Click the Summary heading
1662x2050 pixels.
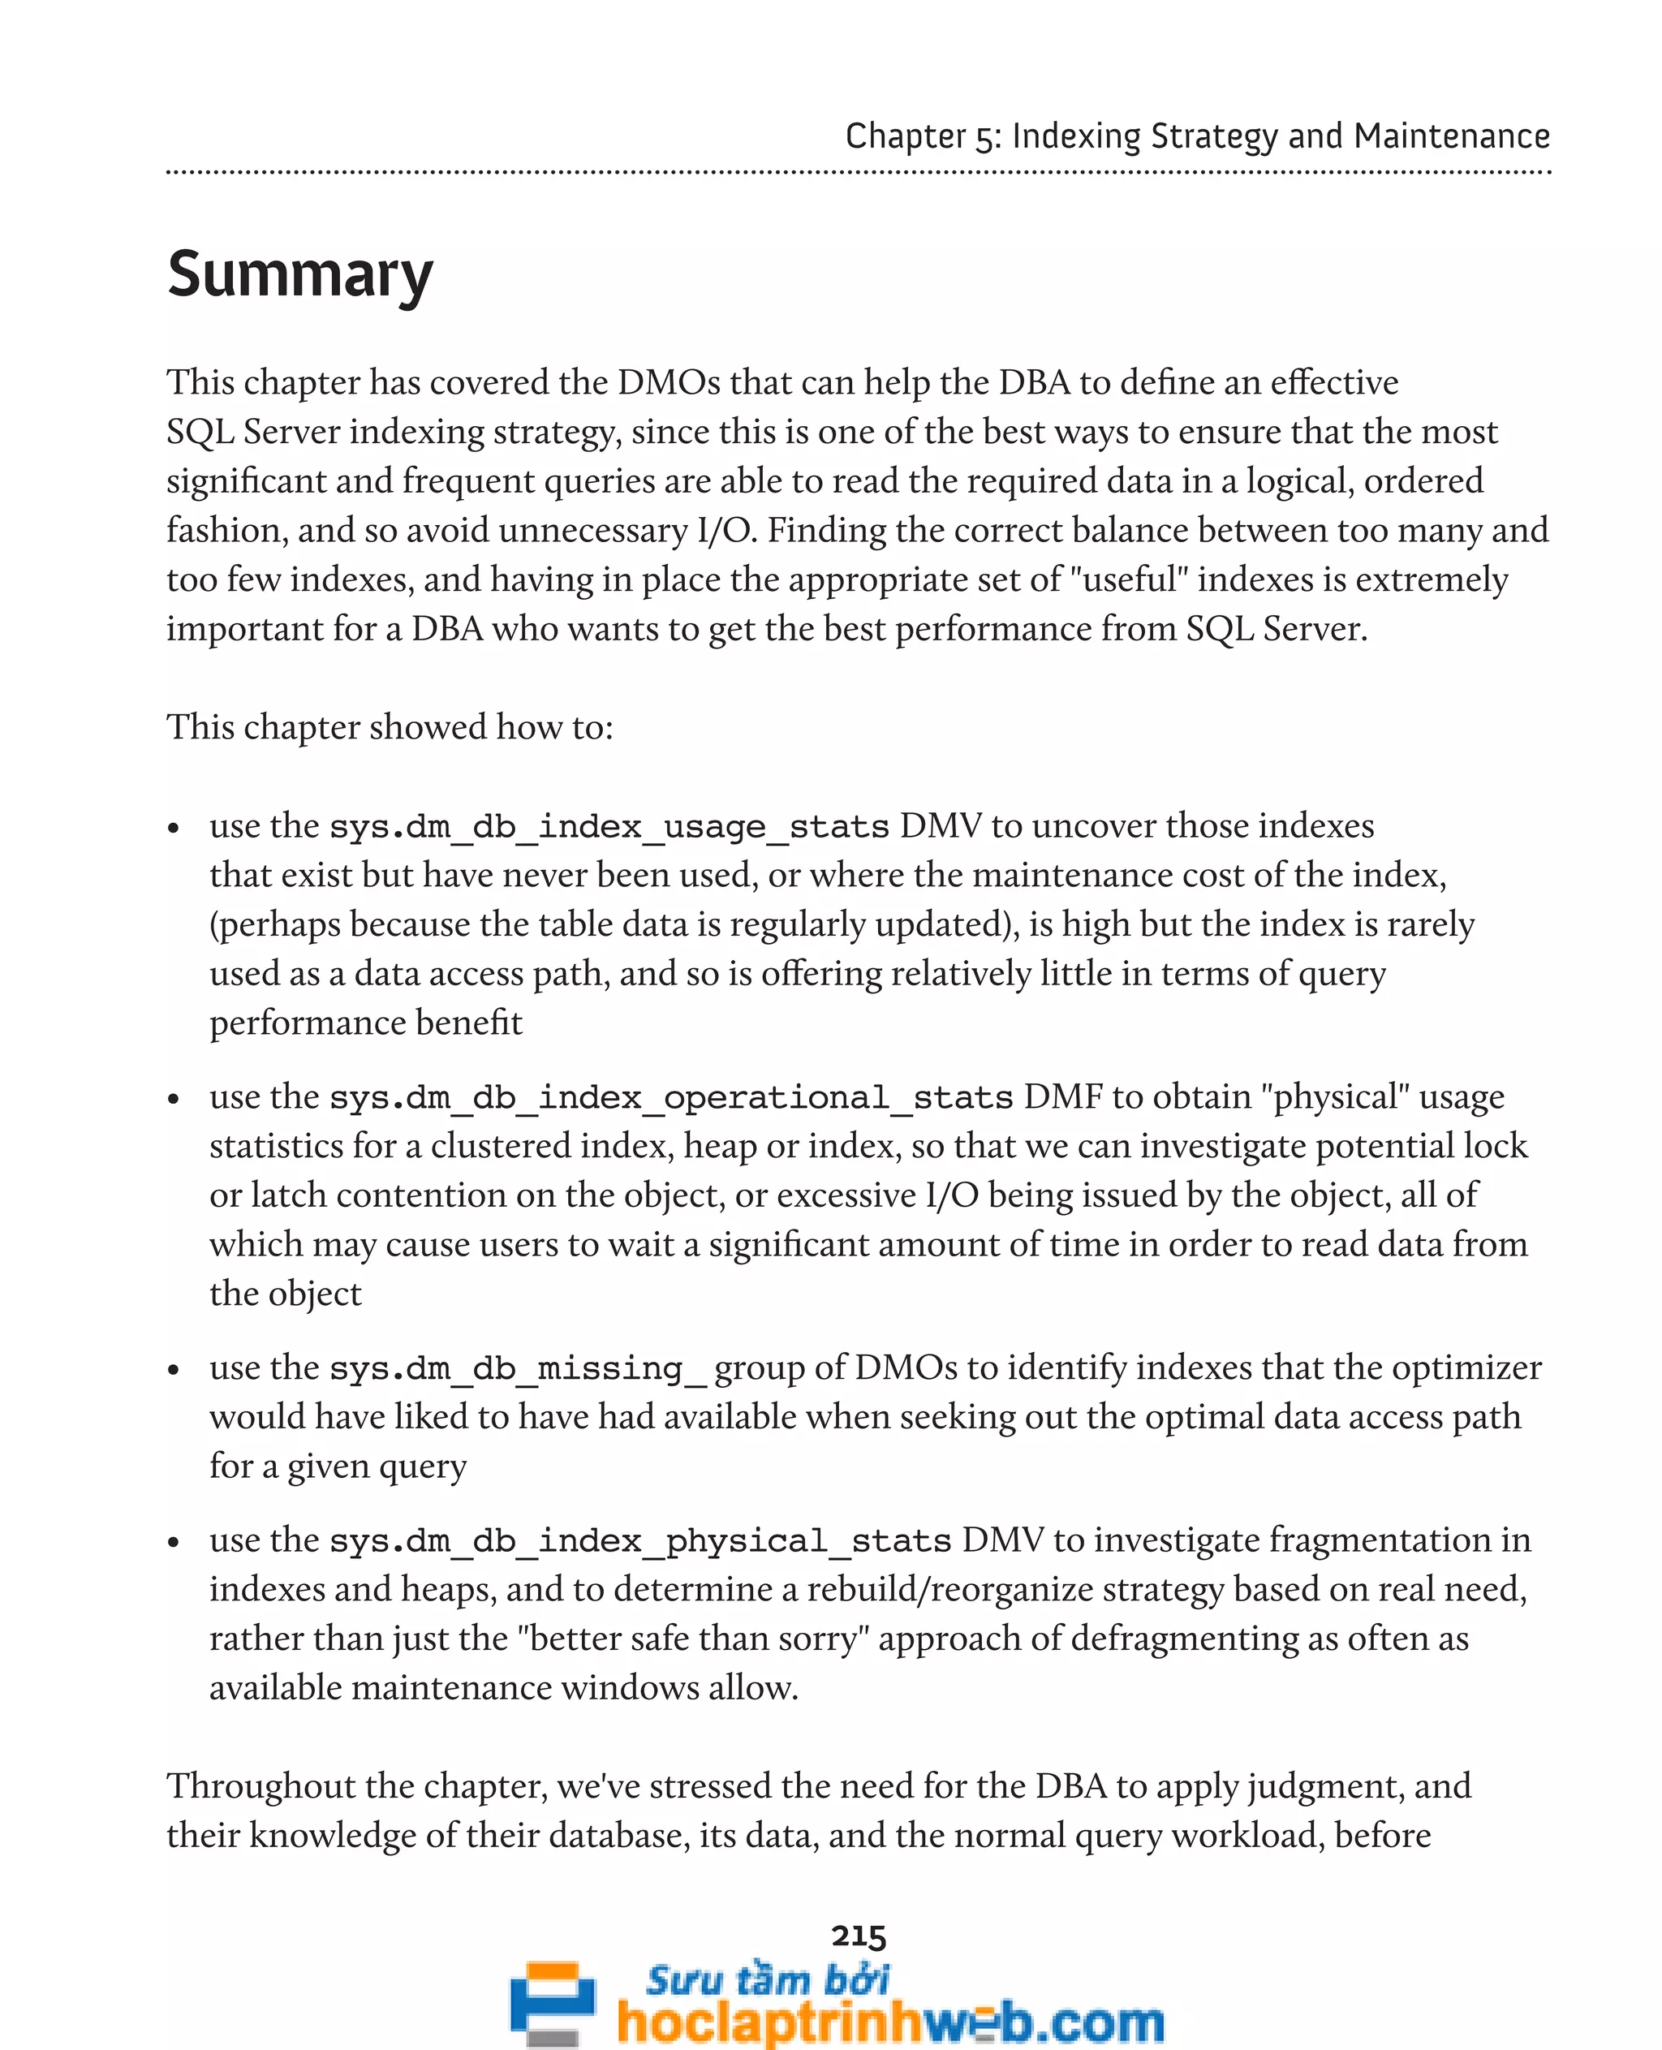(x=299, y=275)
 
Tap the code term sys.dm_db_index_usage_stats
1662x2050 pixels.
(x=609, y=826)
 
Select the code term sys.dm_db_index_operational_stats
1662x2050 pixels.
(x=670, y=1097)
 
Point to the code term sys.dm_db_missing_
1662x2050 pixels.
(x=517, y=1368)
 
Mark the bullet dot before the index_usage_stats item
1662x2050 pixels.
(x=174, y=829)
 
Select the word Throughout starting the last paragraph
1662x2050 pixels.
(x=260, y=1785)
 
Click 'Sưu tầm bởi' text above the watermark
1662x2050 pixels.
(x=767, y=1979)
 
